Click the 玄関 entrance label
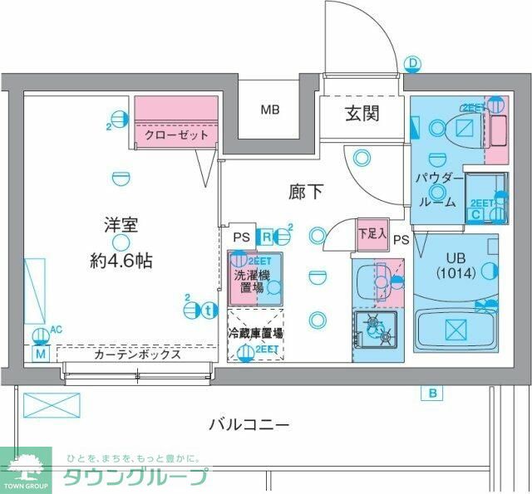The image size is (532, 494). point(362,113)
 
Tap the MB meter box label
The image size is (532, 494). point(271,109)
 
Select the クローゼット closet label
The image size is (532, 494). point(175,135)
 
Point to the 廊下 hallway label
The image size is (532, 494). point(306,192)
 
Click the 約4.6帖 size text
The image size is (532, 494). point(121,260)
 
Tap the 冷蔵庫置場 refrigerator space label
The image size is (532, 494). point(255,332)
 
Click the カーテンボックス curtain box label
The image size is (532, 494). point(137,354)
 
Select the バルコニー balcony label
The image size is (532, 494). point(249,425)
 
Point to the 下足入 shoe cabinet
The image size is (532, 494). point(371,233)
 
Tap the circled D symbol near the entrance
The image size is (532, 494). point(413,62)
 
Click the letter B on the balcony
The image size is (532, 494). point(433,393)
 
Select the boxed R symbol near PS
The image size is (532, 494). point(266,236)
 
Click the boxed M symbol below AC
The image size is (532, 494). point(39,354)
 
